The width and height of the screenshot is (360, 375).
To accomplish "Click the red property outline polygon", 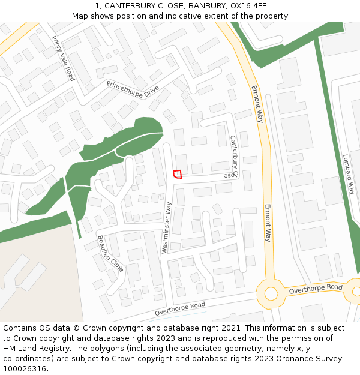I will [177, 174].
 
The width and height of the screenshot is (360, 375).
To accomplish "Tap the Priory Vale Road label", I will [62, 58].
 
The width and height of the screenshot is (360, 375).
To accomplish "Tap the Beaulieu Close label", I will [110, 253].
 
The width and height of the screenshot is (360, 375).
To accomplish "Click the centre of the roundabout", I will [271, 293].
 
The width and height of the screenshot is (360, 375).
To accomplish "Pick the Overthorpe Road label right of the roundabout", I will [315, 289].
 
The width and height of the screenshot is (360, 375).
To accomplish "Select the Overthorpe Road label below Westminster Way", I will [179, 309].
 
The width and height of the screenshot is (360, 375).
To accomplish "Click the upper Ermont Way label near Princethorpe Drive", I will [257, 104].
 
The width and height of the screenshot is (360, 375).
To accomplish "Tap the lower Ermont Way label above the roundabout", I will [268, 223].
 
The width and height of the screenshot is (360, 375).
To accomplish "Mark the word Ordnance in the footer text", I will [295, 359].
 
